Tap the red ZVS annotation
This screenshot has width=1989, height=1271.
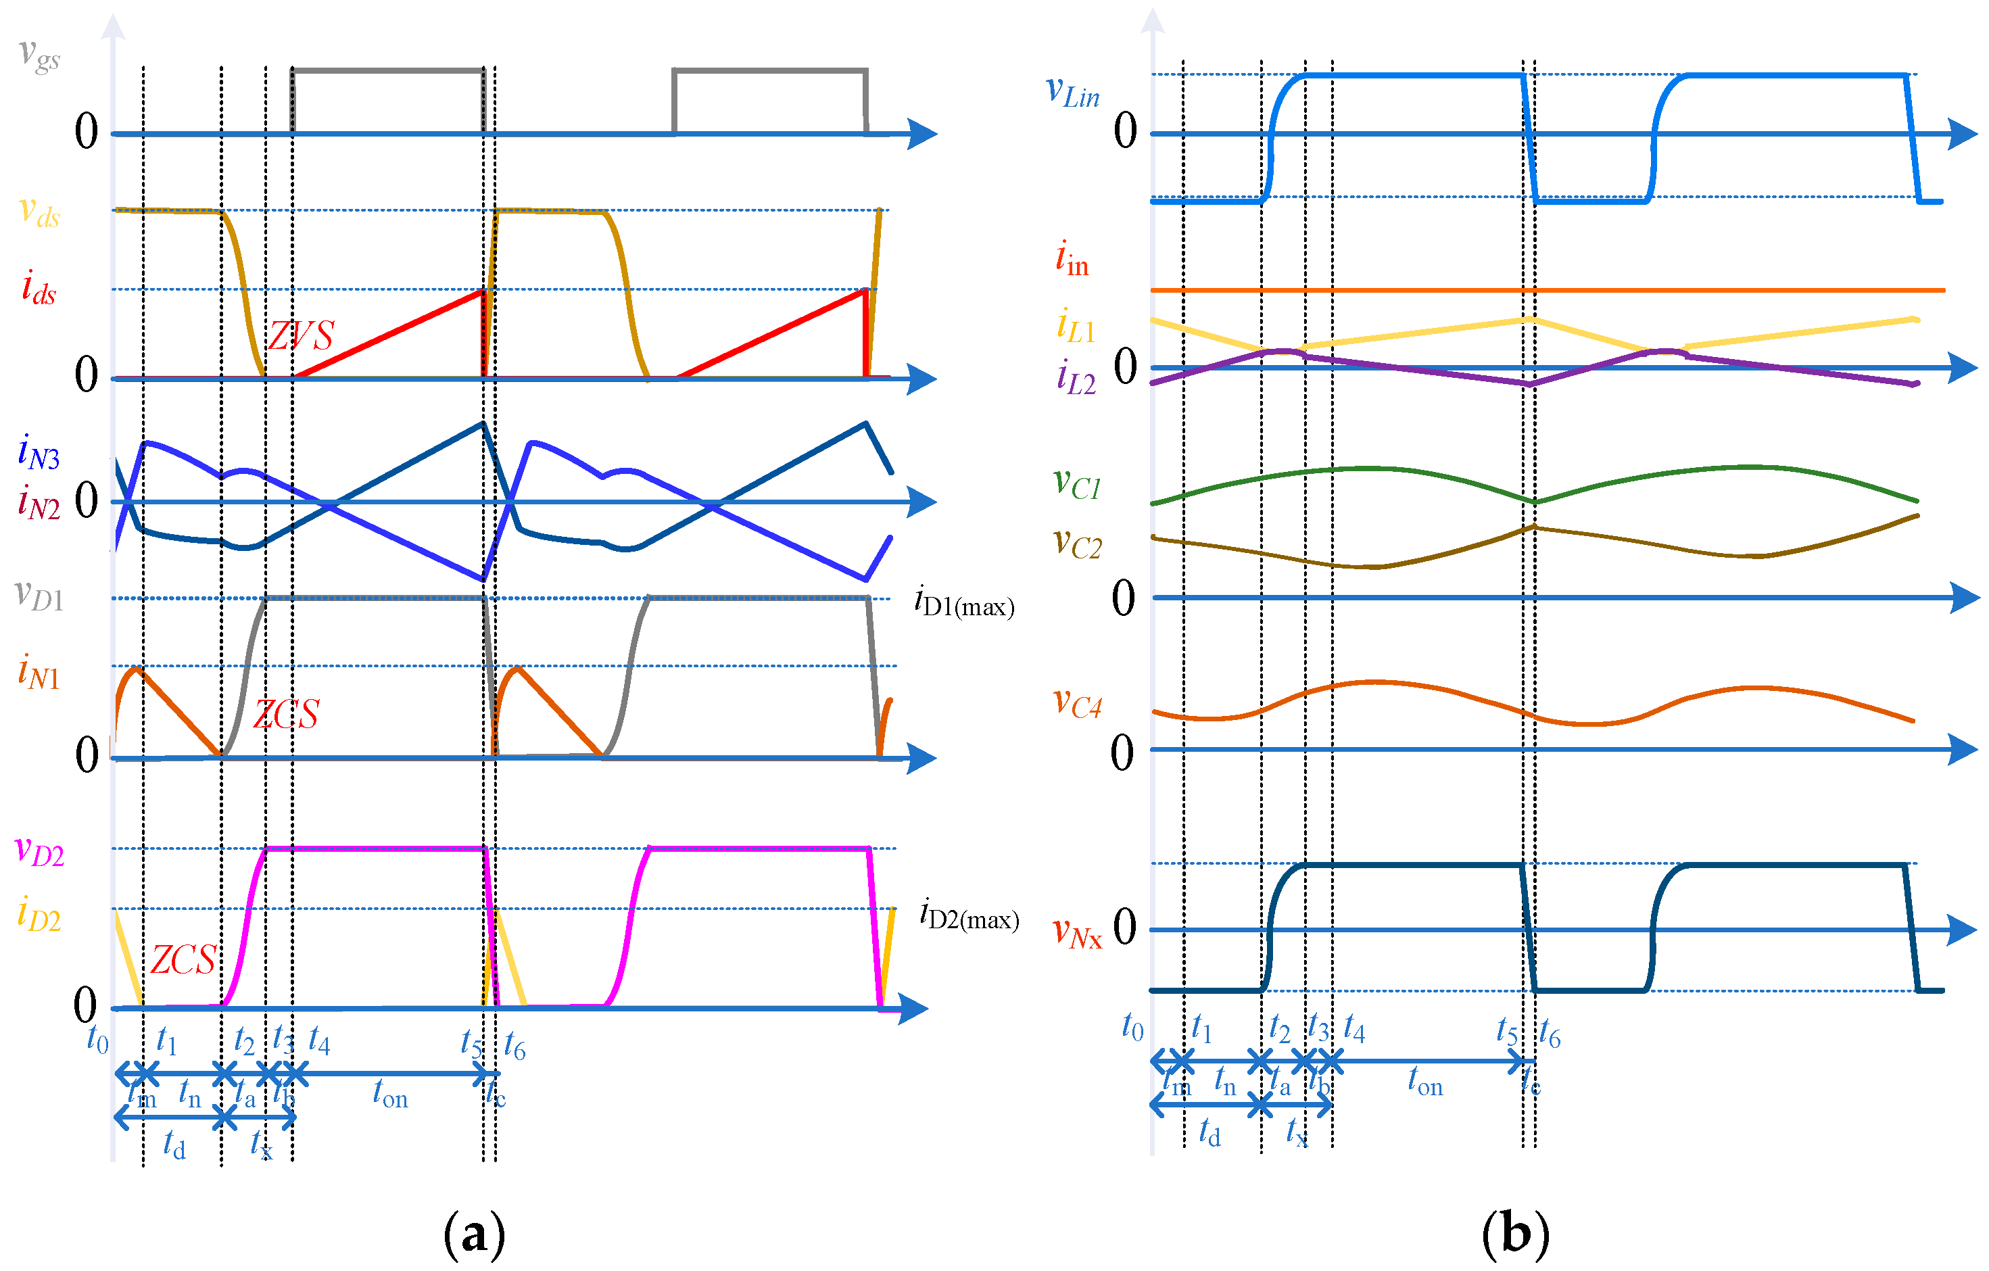click(x=302, y=335)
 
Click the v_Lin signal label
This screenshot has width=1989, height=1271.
click(x=1072, y=92)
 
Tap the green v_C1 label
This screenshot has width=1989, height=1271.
click(x=1077, y=483)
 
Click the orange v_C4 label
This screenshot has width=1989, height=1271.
click(x=1077, y=703)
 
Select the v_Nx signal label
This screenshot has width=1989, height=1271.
click(x=1077, y=932)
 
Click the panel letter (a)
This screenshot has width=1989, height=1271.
click(x=474, y=1234)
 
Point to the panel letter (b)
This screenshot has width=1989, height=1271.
click(x=1515, y=1234)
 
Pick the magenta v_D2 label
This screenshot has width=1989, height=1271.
click(x=40, y=850)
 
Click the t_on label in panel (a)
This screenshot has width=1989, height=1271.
click(x=390, y=1095)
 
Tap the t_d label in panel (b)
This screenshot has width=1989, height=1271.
click(x=1209, y=1132)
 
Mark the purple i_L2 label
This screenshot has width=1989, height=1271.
click(x=1076, y=377)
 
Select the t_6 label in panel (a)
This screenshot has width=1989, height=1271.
click(x=514, y=1047)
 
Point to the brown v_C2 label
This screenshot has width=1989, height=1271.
click(x=1077, y=544)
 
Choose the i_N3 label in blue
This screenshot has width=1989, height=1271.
click(x=39, y=452)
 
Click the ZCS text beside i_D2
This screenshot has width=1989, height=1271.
click(x=183, y=959)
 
